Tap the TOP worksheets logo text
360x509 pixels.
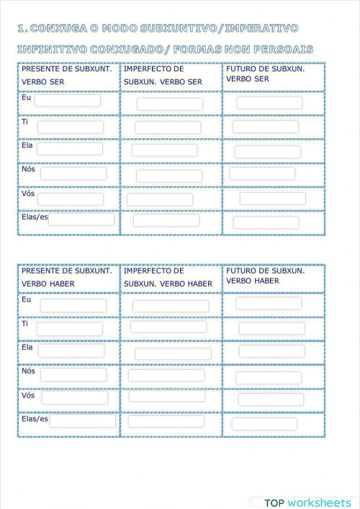tap(307, 503)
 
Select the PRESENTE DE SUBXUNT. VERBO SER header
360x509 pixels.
tap(67, 75)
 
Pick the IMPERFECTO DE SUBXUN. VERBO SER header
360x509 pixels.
tap(163, 75)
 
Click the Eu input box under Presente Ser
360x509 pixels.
tap(68, 101)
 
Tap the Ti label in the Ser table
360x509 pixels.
tap(24, 122)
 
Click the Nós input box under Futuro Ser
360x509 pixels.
tap(262, 174)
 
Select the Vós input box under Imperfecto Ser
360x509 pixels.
tap(160, 199)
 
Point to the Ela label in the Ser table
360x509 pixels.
tap(27, 145)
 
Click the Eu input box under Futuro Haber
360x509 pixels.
tap(269, 303)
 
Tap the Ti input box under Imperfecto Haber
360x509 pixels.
tap(168, 327)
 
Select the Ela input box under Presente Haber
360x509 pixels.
tap(71, 351)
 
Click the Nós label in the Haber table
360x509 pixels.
tap(28, 371)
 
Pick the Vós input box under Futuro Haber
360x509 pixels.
tap(271, 399)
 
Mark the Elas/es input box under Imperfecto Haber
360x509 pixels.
tap(166, 421)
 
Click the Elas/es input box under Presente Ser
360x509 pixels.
tap(81, 219)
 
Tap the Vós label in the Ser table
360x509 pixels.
tap(28, 192)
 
